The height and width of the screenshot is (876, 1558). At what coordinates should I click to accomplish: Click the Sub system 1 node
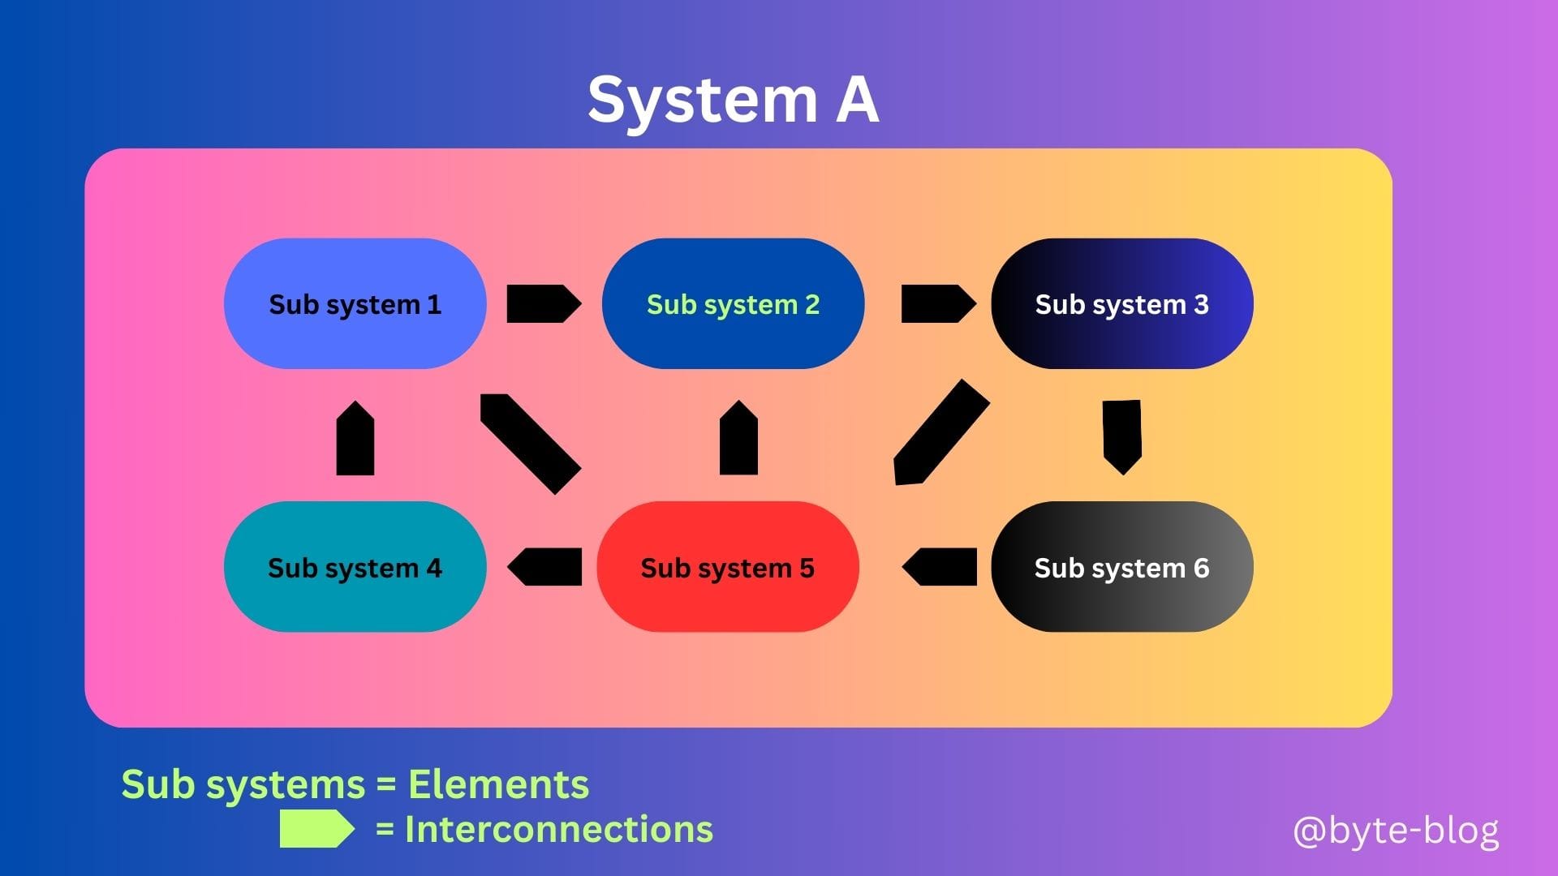pos(355,303)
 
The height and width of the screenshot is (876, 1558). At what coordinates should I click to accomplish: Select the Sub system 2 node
pos(733,303)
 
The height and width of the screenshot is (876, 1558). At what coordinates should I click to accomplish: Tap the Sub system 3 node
pos(1122,303)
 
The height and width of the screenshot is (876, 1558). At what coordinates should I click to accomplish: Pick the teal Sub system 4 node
pos(355,566)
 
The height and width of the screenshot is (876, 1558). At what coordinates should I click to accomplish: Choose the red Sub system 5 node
pos(728,566)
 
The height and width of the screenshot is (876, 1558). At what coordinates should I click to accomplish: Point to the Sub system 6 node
pos(1122,566)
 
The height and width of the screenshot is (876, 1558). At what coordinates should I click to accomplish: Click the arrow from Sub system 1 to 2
pos(544,303)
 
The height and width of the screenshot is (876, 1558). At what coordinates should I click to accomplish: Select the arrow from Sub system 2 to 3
pos(939,303)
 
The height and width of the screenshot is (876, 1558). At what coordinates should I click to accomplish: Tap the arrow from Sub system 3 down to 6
pos(1122,437)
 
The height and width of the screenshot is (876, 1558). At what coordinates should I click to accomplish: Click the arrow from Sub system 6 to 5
pos(940,566)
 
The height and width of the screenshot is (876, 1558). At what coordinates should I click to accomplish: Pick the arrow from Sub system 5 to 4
pos(544,566)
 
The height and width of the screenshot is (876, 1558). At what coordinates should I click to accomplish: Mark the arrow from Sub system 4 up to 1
pos(355,438)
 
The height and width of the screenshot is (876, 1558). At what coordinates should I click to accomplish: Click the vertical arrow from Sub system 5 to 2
pos(738,437)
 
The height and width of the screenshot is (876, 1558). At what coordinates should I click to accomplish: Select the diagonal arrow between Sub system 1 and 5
pos(531,444)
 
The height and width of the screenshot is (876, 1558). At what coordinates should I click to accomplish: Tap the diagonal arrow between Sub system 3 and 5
pos(941,432)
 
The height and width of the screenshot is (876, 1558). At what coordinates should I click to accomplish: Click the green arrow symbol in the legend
pos(317,829)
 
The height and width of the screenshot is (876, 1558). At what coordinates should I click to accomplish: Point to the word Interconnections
pos(559,829)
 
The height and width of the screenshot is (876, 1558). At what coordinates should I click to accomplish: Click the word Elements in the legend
pos(498,784)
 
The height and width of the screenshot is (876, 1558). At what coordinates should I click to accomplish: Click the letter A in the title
pos(858,100)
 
